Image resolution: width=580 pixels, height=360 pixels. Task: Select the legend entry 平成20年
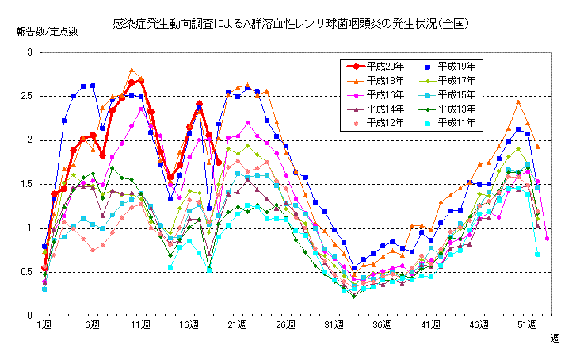click(383, 66)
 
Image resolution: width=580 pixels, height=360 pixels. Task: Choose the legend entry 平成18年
click(383, 80)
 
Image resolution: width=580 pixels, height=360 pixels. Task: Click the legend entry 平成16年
click(383, 94)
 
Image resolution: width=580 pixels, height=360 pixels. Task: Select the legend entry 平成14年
click(383, 109)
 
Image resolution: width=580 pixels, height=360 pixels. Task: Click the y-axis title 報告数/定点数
click(47, 32)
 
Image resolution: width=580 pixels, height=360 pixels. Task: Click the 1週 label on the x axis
click(44, 325)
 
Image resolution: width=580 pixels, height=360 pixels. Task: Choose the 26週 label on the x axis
click(285, 325)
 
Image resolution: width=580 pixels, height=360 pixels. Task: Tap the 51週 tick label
click(527, 325)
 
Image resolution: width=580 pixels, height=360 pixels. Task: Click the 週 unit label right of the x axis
click(556, 338)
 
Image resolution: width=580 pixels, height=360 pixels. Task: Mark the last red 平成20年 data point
click(218, 163)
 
